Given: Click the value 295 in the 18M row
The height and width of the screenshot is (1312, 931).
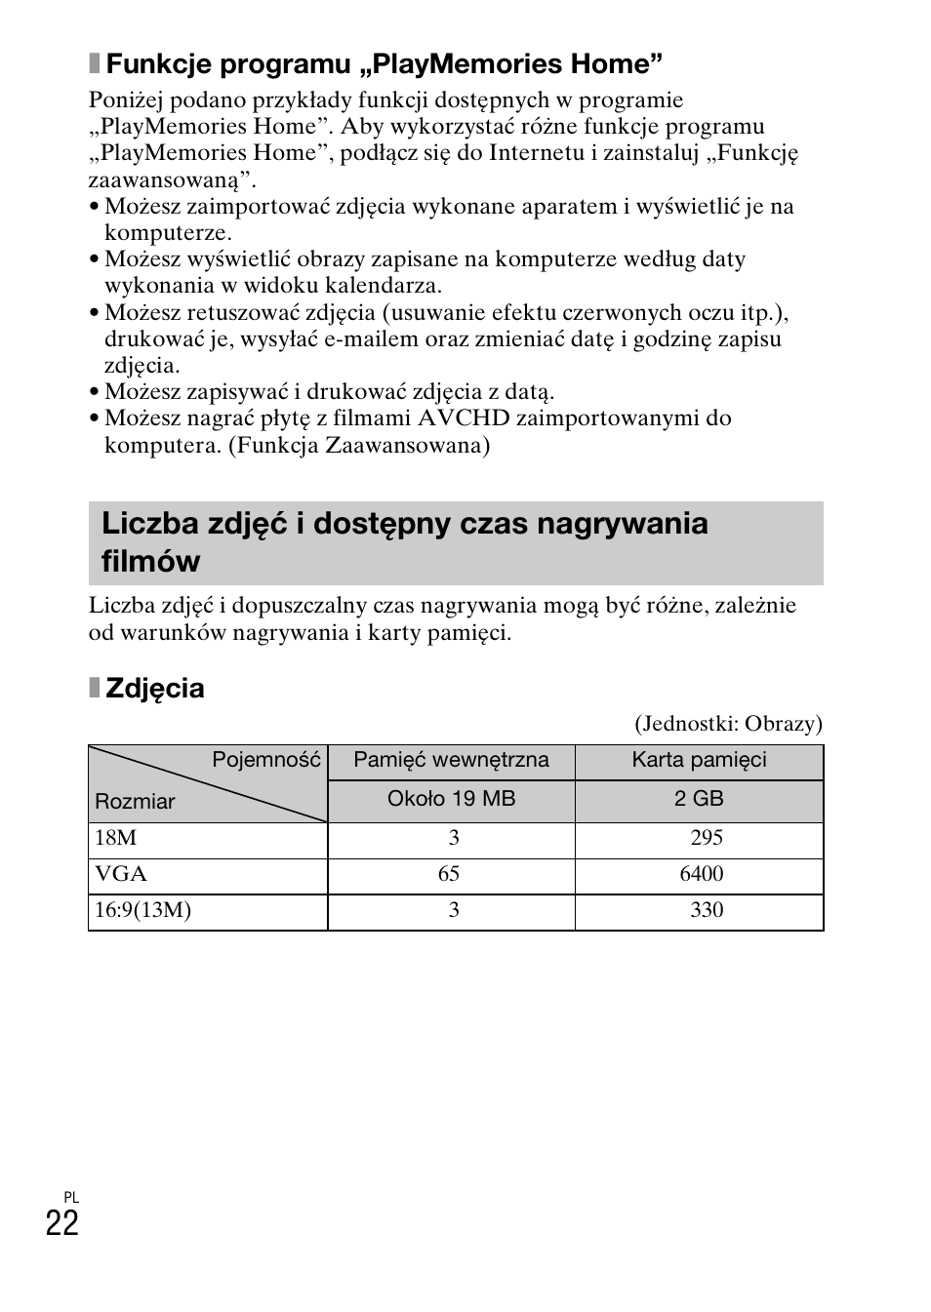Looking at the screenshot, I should coord(706,838).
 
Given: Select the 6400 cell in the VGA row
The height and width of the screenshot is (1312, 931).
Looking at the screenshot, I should coord(701,874).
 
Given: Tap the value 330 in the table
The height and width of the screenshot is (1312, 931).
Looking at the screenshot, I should coord(706,910).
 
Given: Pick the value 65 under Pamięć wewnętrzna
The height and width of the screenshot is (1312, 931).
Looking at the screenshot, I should coord(449,874).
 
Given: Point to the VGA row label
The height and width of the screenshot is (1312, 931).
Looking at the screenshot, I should coord(121,874).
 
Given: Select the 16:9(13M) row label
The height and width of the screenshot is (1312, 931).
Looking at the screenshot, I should coord(142,910).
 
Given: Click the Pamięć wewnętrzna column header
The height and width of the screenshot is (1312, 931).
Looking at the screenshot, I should coord(451,760).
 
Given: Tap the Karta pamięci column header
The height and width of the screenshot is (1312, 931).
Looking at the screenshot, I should coord(699,760).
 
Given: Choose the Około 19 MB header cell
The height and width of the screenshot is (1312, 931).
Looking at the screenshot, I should coord(451,799).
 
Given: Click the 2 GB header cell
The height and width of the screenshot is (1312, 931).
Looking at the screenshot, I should coord(699,799).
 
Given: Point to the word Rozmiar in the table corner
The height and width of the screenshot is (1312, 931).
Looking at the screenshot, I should coord(135,802).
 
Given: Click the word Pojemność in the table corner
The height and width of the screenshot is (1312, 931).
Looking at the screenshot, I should coord(266,760).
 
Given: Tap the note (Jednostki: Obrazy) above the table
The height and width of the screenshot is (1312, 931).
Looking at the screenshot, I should coord(728,724).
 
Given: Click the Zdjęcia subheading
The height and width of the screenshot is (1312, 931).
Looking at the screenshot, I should coord(154,689).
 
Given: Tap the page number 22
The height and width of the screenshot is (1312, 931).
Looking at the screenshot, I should coord(61,1223).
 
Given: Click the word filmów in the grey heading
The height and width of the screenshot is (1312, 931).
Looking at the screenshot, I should coord(150,562).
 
